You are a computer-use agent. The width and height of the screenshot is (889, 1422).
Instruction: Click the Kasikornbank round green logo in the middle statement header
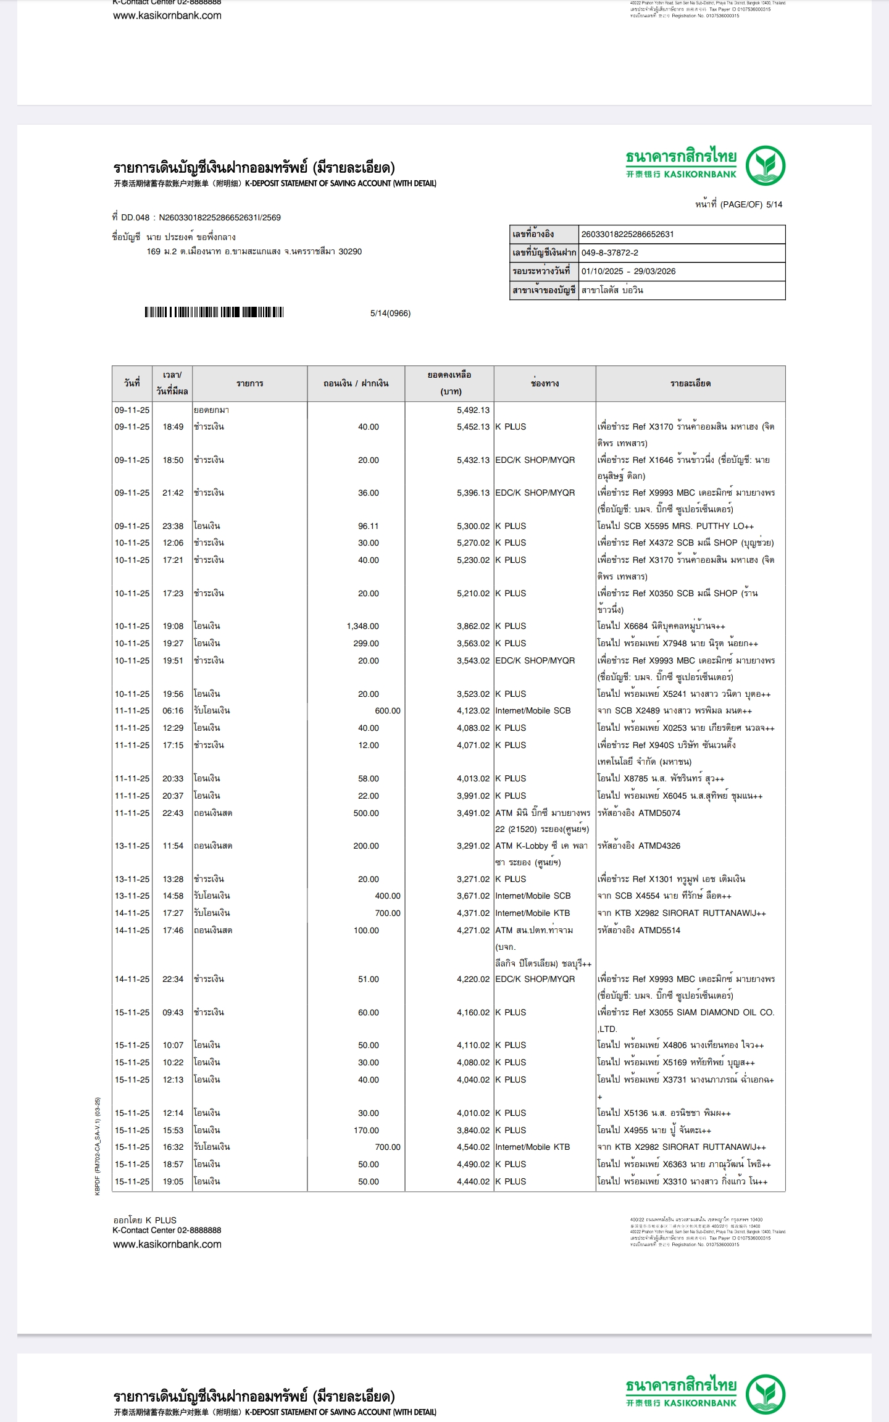tap(765, 165)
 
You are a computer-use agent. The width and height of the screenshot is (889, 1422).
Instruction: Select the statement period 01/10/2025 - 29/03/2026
tap(628, 271)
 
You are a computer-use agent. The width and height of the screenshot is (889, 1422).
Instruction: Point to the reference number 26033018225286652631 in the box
tap(627, 234)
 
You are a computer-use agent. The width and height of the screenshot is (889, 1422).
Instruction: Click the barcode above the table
tap(214, 312)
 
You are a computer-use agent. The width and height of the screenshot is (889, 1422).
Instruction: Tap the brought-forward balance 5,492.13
tap(473, 410)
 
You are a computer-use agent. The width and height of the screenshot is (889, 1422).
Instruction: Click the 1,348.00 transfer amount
tap(363, 626)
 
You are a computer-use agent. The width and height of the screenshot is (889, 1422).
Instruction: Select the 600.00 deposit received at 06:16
tap(387, 710)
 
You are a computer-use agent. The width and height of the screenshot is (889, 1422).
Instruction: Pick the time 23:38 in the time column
tap(173, 526)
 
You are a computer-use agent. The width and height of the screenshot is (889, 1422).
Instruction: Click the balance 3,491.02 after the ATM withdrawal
tap(473, 813)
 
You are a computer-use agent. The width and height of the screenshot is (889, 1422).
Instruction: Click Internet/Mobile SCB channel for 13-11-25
tap(533, 896)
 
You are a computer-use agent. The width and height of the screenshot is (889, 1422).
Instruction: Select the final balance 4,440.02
tap(473, 1181)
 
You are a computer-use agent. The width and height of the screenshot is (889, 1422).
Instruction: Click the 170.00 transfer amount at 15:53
tap(366, 1130)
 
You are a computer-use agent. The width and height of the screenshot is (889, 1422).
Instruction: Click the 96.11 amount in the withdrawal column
tap(368, 526)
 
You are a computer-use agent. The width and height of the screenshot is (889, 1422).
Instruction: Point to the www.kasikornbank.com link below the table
tap(167, 1244)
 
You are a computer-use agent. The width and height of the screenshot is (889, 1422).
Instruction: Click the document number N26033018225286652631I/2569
tap(220, 217)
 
